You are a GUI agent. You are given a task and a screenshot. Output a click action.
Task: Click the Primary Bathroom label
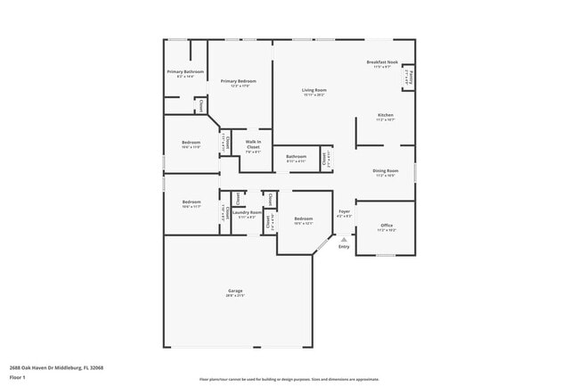[x=185, y=71]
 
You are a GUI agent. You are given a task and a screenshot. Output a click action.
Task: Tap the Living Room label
[x=314, y=90]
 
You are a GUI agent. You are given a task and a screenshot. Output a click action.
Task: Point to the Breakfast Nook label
[x=382, y=62]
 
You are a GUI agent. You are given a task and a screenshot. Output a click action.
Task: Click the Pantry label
[x=409, y=78]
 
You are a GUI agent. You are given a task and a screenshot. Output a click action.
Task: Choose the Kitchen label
[x=385, y=115]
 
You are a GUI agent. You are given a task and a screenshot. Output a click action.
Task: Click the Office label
[x=386, y=226]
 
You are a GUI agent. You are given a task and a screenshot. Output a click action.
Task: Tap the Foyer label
[x=344, y=212]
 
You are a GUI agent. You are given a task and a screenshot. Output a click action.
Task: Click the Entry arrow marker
[x=344, y=239]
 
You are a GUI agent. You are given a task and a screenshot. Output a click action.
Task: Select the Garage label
[x=235, y=291]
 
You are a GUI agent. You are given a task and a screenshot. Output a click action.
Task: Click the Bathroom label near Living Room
[x=296, y=157]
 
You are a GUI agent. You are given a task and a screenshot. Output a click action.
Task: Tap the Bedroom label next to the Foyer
[x=304, y=218]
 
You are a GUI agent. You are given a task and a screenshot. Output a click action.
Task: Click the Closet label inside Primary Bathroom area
[x=201, y=104]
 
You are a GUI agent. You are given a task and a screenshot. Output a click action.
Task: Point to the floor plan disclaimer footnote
[x=289, y=378]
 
